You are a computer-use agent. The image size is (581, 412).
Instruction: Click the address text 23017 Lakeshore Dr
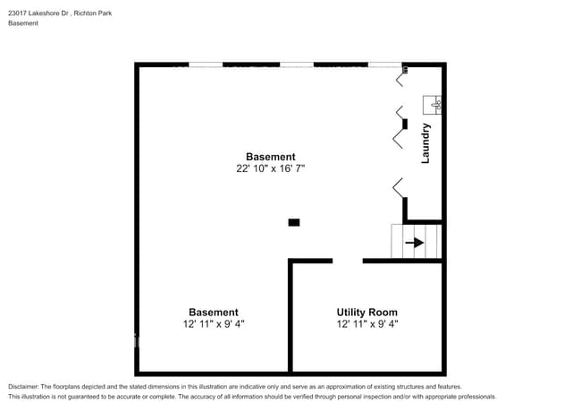(x=39, y=13)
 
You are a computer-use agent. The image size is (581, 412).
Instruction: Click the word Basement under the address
(x=23, y=23)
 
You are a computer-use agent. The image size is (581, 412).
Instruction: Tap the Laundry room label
(x=426, y=142)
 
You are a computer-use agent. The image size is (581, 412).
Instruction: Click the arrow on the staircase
(x=415, y=242)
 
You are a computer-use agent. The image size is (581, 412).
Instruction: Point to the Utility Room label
(x=366, y=313)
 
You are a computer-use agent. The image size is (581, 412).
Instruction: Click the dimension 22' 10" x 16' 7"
(x=270, y=168)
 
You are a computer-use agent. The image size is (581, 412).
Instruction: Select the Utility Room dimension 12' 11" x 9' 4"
(x=366, y=324)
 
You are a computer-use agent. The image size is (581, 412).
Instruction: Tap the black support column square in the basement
(x=293, y=222)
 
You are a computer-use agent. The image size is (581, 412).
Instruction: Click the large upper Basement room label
(x=270, y=157)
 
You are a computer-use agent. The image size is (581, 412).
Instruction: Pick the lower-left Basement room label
(x=213, y=313)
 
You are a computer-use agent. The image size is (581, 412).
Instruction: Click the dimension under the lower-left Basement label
(x=213, y=324)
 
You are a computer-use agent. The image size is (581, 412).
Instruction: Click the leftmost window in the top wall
(x=206, y=64)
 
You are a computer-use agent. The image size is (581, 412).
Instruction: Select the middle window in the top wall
(x=296, y=64)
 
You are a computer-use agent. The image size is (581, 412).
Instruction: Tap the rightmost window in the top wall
(x=384, y=64)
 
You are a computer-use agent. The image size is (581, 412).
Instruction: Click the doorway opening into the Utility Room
(x=348, y=261)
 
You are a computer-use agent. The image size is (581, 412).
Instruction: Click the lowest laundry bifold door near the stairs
(x=398, y=187)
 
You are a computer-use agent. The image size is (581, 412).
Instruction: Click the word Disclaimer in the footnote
(x=27, y=386)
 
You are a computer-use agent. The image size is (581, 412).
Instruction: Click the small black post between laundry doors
(x=405, y=123)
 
